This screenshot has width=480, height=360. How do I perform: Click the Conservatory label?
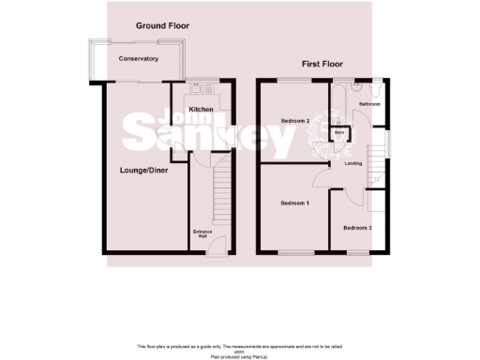tap(138, 59)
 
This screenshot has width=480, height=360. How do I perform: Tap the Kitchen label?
tap(201, 110)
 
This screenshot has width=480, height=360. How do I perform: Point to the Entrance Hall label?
tap(202, 233)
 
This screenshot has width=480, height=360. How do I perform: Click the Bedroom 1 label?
tap(295, 202)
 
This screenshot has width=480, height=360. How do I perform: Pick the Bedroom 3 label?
tap(356, 228)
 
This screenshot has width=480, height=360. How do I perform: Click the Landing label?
tap(353, 164)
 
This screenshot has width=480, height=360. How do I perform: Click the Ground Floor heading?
tap(157, 25)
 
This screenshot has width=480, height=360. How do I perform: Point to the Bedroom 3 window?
tap(357, 252)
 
